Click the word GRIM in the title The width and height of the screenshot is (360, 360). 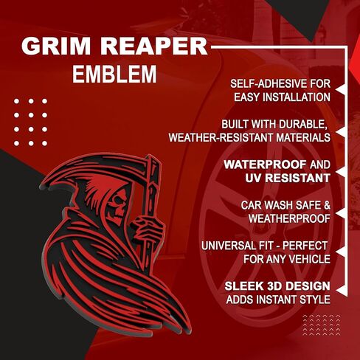pyautogui.click(x=56, y=46)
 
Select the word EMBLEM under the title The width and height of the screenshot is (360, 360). pyautogui.click(x=114, y=74)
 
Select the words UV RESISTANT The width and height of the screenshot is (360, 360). pyautogui.click(x=288, y=178)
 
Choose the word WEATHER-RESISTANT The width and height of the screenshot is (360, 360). pyautogui.click(x=221, y=138)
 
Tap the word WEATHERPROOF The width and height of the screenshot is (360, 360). pyautogui.click(x=289, y=218)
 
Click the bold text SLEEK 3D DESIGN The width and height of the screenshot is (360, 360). pyautogui.click(x=277, y=286)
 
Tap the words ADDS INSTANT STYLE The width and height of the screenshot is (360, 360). pyautogui.click(x=278, y=300)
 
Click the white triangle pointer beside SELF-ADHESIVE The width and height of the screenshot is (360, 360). pyautogui.click(x=342, y=91)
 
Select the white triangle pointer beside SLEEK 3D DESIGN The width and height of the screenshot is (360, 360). pyautogui.click(x=342, y=290)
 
